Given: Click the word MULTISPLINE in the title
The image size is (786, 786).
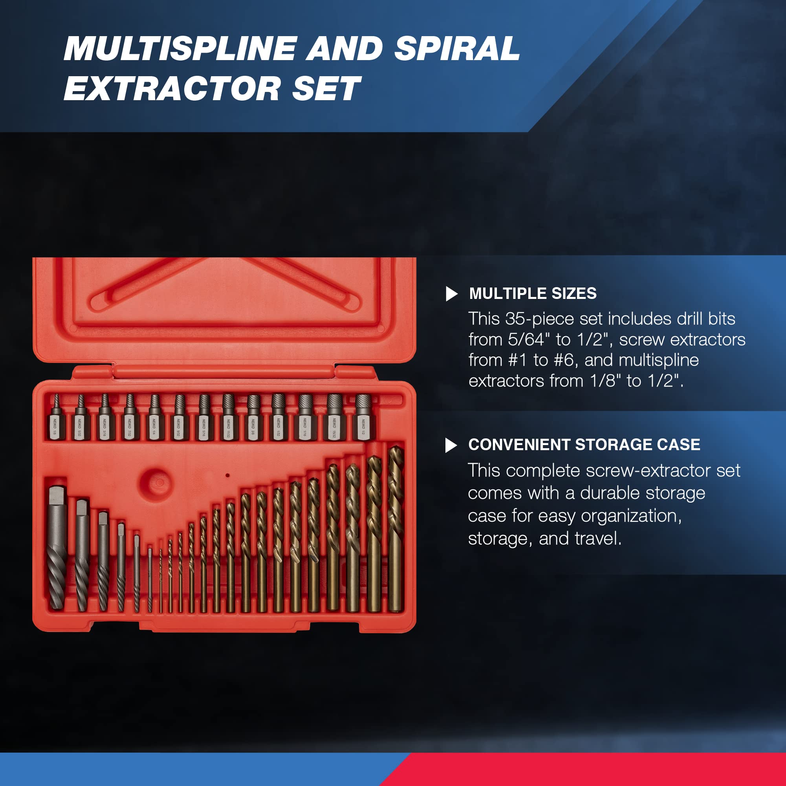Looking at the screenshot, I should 180,49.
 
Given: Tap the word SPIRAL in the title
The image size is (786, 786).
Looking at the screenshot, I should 456,49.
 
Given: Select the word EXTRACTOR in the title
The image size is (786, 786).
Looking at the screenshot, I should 172,89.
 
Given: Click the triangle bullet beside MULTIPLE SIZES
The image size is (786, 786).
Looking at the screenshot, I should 451,294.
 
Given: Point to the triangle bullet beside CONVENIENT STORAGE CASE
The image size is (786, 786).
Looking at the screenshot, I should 451,445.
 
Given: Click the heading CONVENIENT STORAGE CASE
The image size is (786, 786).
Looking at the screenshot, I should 584,445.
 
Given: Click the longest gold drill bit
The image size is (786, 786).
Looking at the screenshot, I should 395,529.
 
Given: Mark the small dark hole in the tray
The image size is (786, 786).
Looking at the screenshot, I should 227,475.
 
